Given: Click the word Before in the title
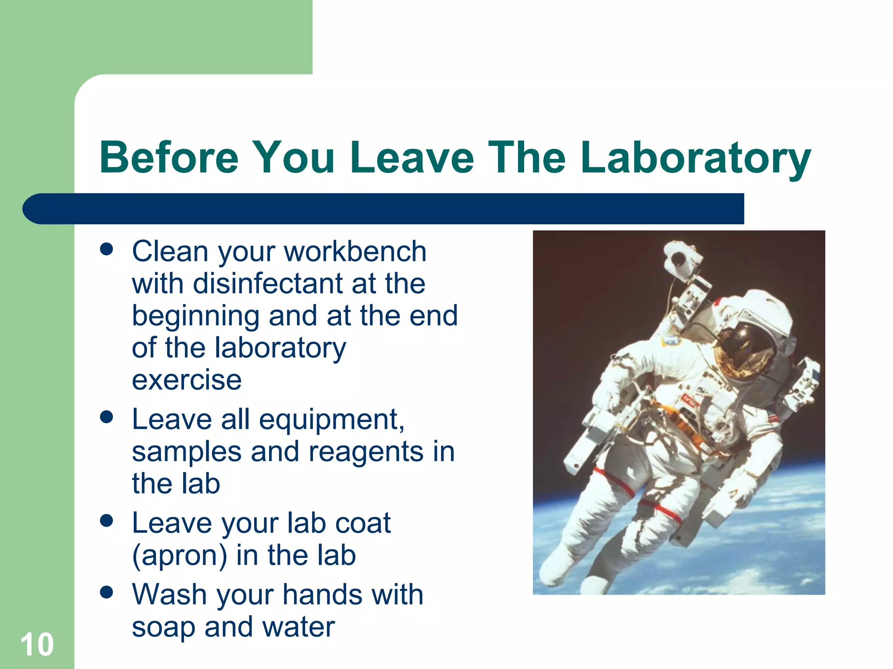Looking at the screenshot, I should (169, 158).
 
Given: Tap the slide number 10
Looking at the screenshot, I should (37, 645).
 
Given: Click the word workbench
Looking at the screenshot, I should (355, 252).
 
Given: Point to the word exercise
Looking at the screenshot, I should (187, 380).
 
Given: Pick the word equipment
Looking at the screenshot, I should (331, 419).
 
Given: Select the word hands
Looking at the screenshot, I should (322, 595).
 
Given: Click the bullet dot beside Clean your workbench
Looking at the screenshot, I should (106, 250).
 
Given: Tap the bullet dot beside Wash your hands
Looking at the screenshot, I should (106, 592).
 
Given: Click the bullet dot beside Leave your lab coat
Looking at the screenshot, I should (106, 520).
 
